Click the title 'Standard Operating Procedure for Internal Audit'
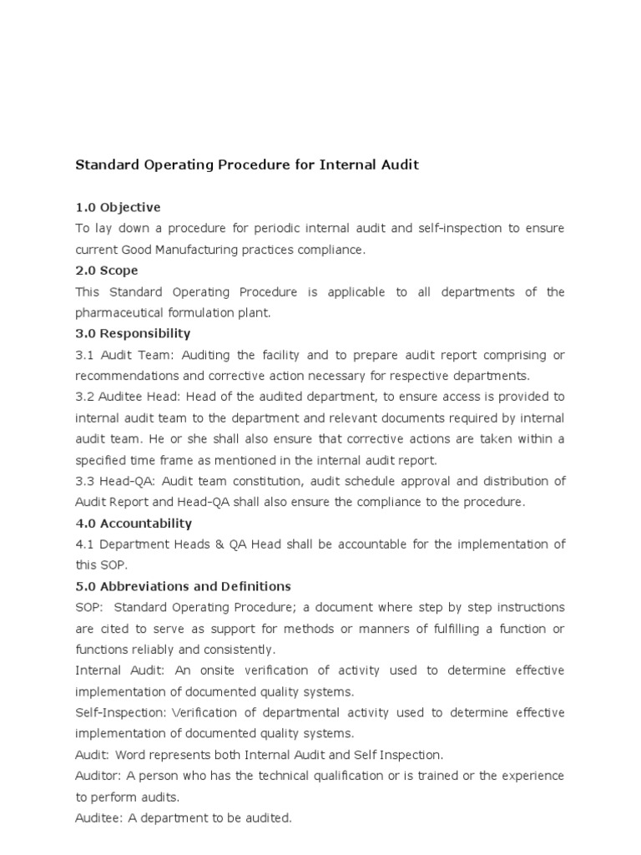click(247, 165)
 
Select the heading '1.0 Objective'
click(118, 207)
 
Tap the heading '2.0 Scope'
click(107, 271)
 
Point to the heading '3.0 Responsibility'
click(133, 334)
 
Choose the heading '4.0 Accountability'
click(134, 524)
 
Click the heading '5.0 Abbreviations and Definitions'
click(183, 586)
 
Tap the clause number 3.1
click(84, 355)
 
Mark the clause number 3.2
click(84, 397)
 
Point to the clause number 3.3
click(84, 481)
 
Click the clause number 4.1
click(84, 544)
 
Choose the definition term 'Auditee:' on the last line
click(99, 818)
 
